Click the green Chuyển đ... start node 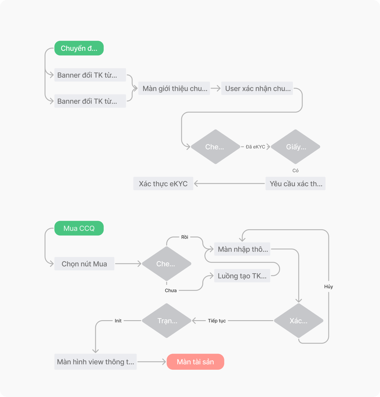79,48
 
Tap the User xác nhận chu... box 257,89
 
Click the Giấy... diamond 296,147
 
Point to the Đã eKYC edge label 255,147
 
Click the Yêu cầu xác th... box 296,184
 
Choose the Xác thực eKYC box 163,184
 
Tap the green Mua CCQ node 79,228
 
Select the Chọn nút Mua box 84,264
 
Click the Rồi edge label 185,237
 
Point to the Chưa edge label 171,290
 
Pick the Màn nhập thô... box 242,249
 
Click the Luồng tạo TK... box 242,276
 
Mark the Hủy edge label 328,286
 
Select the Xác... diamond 298,321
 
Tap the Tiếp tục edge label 217,321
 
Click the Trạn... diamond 167,321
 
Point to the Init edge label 118,321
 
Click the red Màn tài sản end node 195,362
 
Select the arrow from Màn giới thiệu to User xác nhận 216,88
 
